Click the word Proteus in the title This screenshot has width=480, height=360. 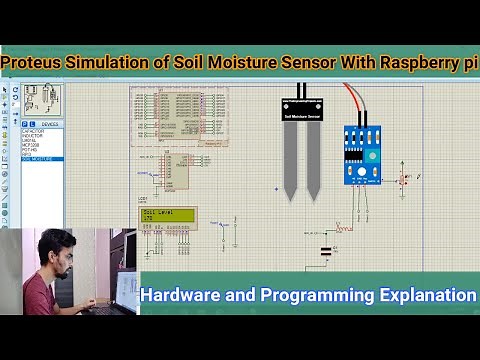click(x=34, y=63)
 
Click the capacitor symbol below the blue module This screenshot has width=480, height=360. click(x=325, y=252)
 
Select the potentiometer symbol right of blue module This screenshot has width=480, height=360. click(x=404, y=180)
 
